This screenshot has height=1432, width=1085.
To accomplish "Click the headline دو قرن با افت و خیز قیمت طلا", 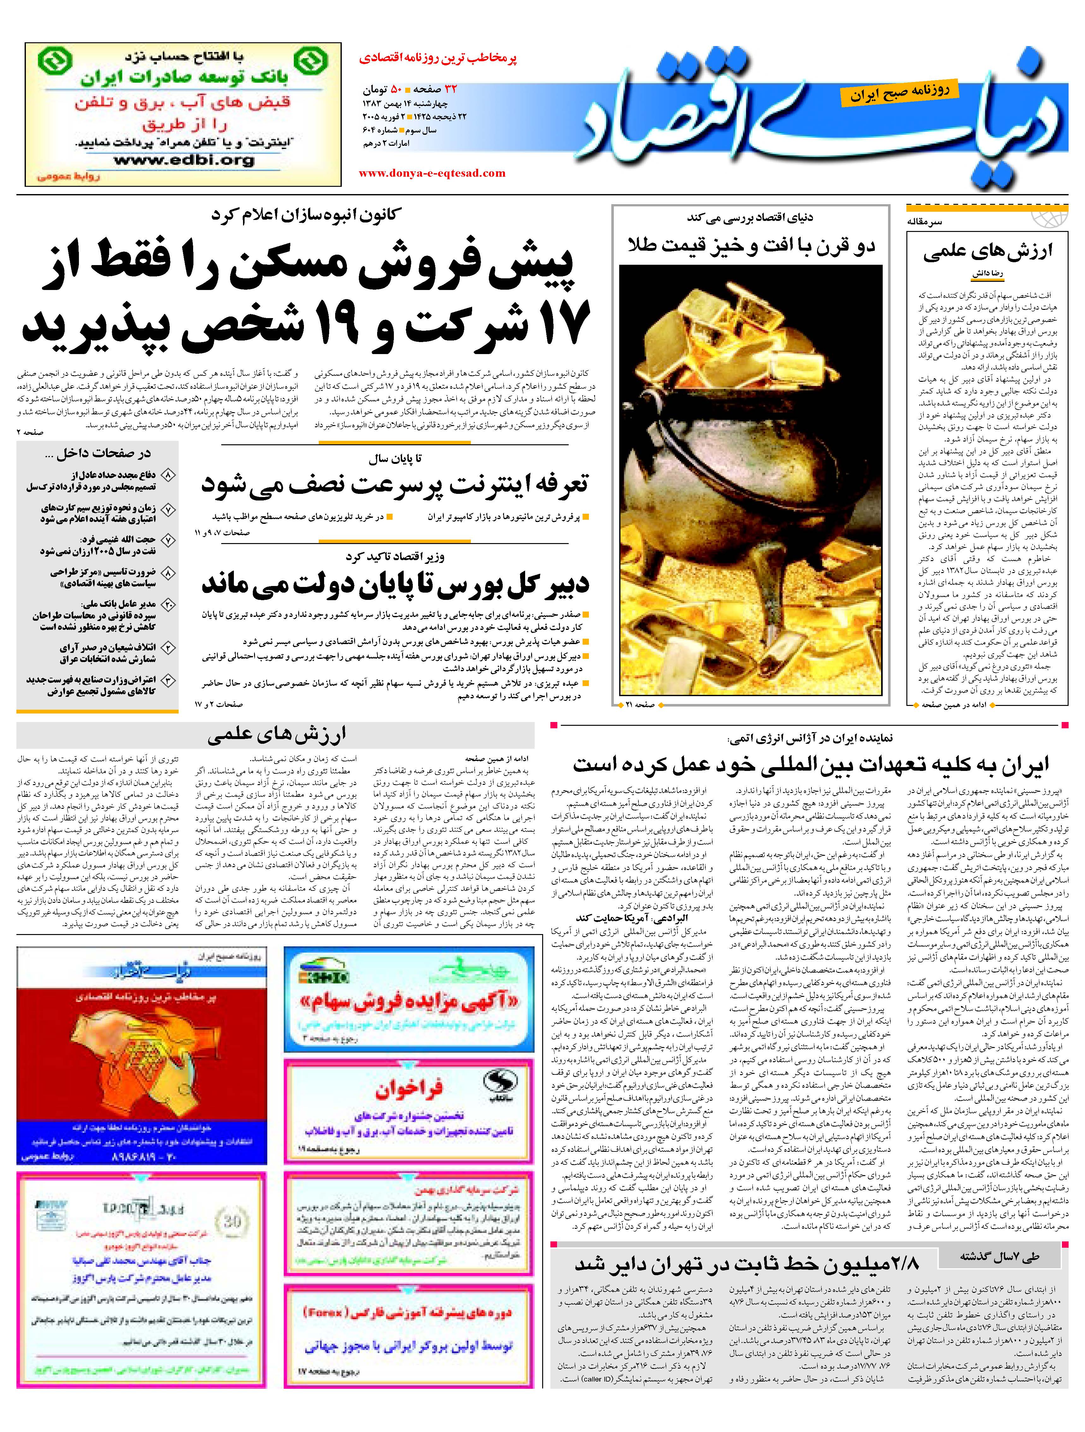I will point(751,246).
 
